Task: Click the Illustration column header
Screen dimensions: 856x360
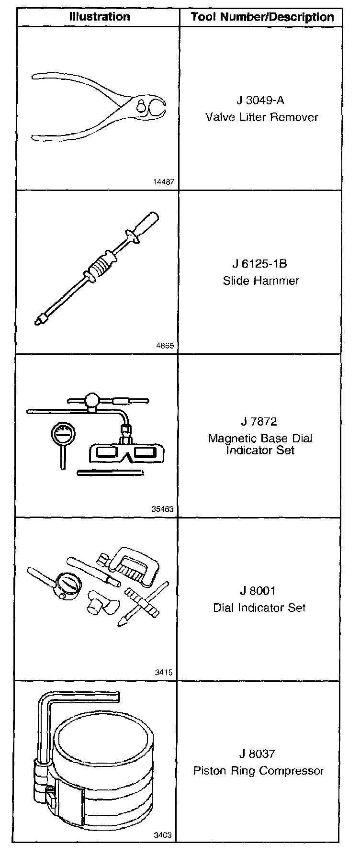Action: coord(99,17)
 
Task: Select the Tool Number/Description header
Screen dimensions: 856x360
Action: coord(262,17)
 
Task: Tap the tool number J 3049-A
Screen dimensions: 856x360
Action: coord(261,101)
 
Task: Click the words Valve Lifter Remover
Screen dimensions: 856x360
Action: coord(262,117)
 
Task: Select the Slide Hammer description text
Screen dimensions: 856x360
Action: coord(261,281)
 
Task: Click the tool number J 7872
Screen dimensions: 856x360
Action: coord(259,422)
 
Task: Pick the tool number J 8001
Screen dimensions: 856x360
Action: coord(259,591)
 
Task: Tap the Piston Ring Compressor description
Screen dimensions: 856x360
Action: coord(259,771)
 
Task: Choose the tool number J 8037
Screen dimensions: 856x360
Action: coord(258,754)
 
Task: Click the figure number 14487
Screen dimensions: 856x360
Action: coord(163,182)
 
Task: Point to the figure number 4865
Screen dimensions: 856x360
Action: coord(165,346)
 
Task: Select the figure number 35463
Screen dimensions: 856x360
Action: coord(162,509)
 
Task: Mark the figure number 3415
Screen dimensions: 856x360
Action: coord(164,672)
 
